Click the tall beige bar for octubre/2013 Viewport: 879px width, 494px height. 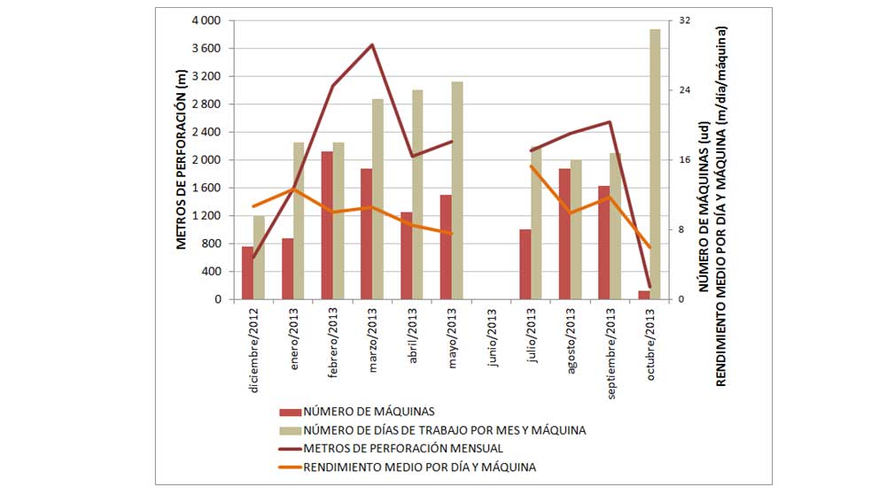pos(655,164)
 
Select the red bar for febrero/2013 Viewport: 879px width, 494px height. pos(327,225)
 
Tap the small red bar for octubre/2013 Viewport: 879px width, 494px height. pos(644,295)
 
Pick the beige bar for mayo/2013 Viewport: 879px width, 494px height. pos(457,190)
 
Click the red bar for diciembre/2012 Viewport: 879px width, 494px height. pos(248,273)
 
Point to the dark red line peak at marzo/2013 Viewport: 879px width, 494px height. pos(372,44)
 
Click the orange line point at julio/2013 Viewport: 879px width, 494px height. pos(531,166)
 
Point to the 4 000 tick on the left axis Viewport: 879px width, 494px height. pos(205,20)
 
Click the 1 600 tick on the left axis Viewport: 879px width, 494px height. pos(205,188)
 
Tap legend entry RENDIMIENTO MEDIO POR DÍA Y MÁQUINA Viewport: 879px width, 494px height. pos(420,466)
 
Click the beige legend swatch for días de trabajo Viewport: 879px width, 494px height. pos(289,430)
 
